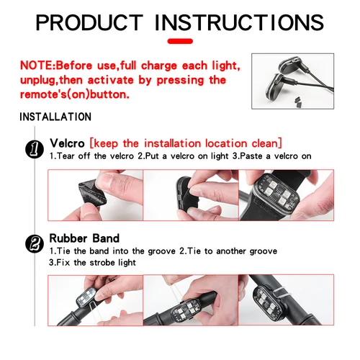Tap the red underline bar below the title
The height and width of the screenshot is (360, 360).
(x=181, y=42)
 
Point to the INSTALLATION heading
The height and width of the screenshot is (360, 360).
(x=55, y=117)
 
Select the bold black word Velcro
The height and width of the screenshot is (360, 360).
(x=68, y=143)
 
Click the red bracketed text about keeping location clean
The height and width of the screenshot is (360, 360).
(x=186, y=143)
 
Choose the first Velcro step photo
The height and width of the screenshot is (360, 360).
(x=95, y=194)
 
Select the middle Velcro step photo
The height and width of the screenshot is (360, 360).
(x=191, y=194)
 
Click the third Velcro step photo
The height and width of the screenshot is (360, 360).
(x=286, y=194)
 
